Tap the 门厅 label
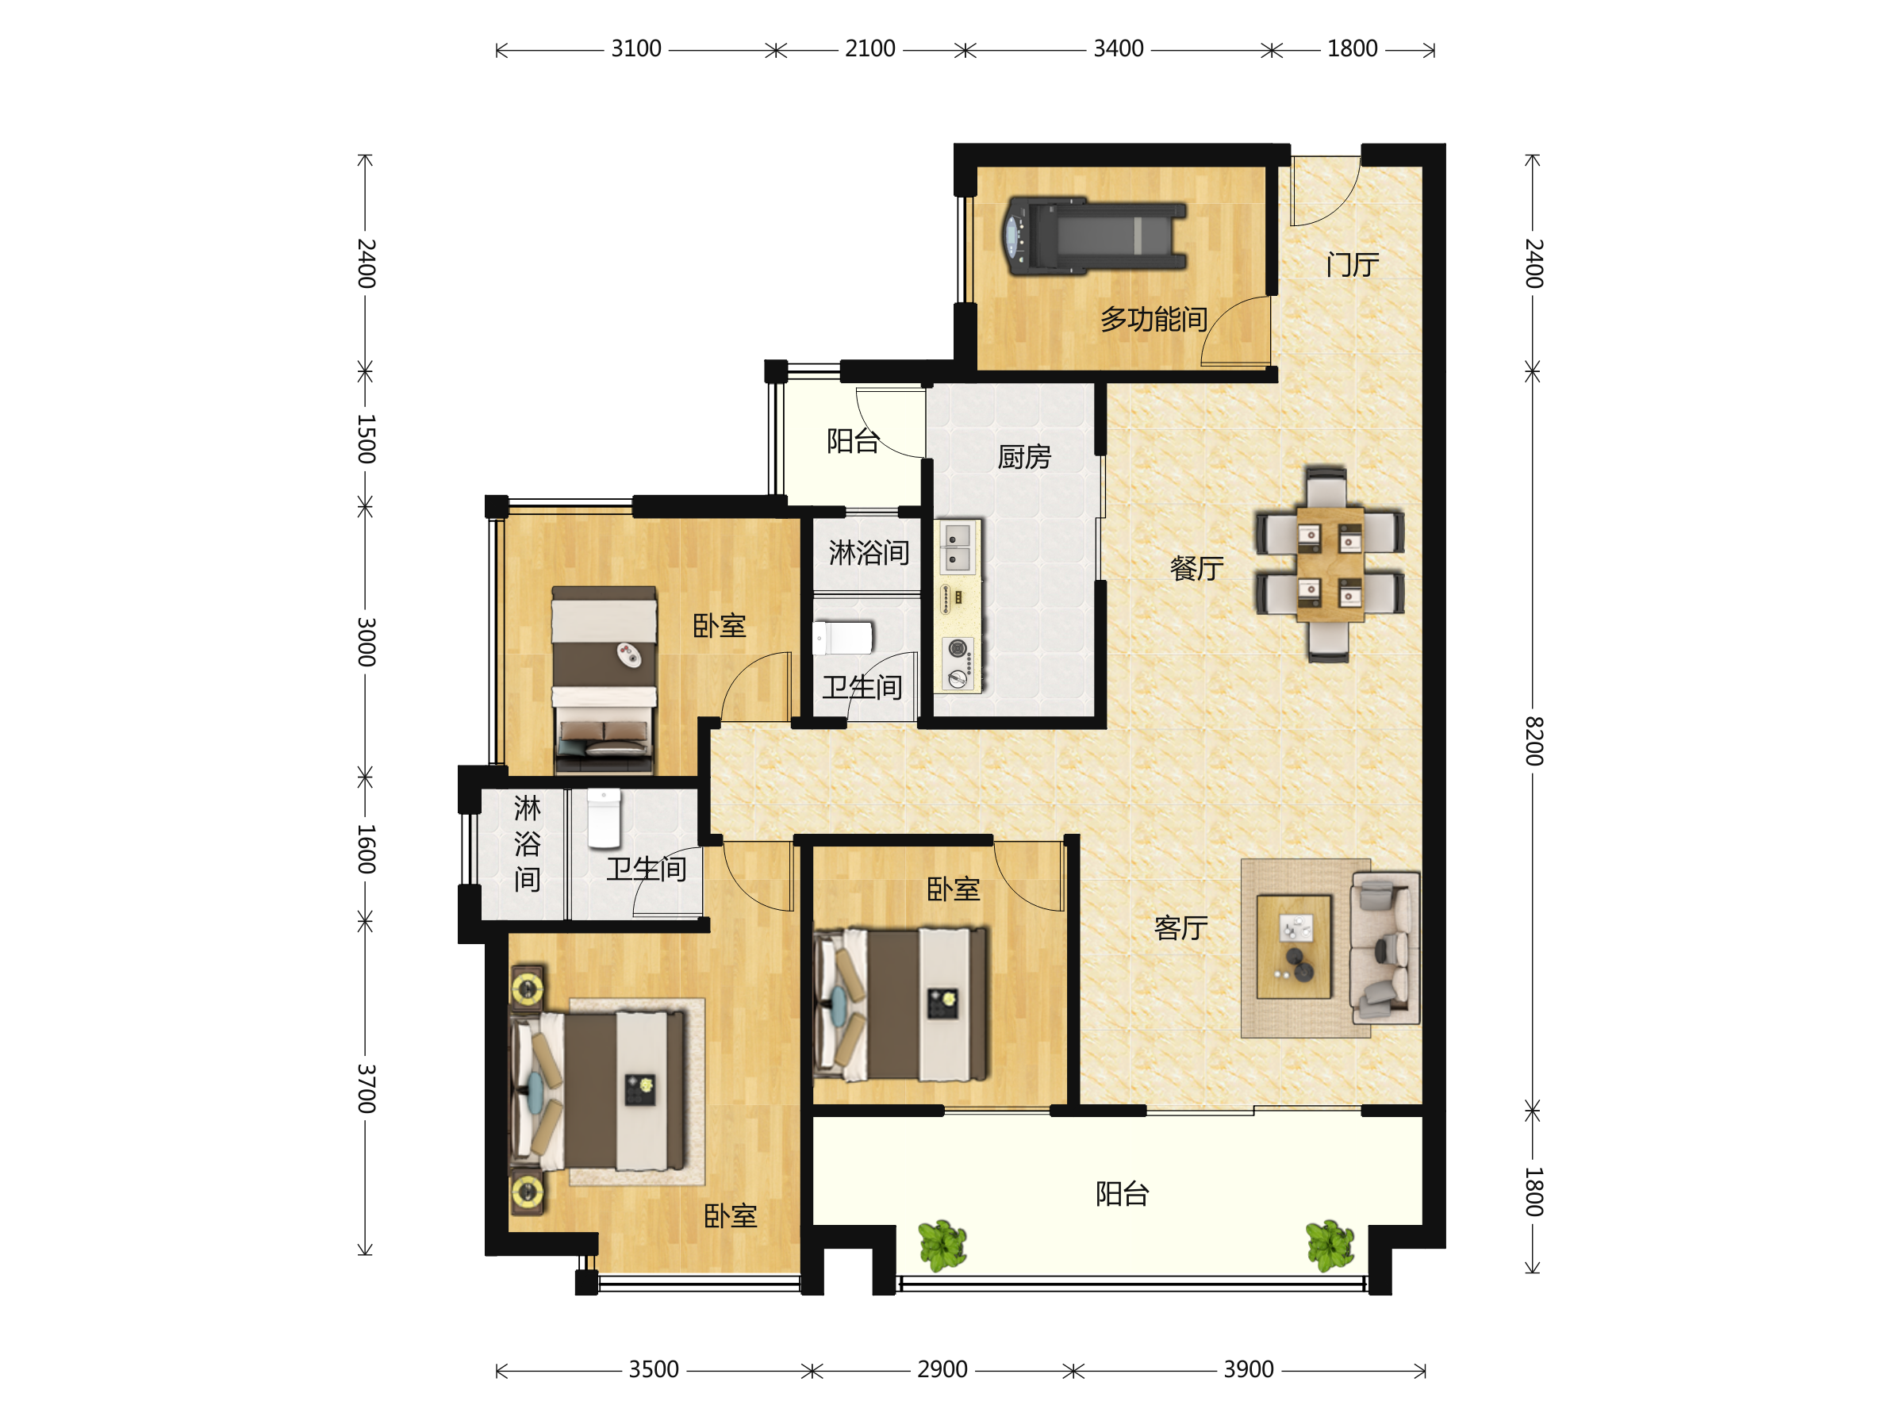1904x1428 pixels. pos(1353,264)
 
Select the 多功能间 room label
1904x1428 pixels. pos(1154,320)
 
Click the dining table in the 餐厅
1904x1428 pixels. pos(1330,564)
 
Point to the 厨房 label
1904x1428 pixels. pos(1024,456)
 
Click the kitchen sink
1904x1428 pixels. pos(958,547)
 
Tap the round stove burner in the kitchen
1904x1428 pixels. pos(958,648)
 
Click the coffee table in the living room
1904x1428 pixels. pos(1294,946)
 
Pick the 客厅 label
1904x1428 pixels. pos(1181,928)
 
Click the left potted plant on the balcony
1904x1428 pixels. pos(942,1245)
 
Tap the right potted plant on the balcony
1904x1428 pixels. pos(1330,1245)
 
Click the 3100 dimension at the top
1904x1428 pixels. pos(636,49)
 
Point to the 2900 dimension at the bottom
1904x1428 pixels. pos(942,1369)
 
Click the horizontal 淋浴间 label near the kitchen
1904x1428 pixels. pos(869,553)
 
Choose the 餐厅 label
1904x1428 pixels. pos(1196,568)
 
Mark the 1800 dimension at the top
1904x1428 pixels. pos(1353,49)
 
